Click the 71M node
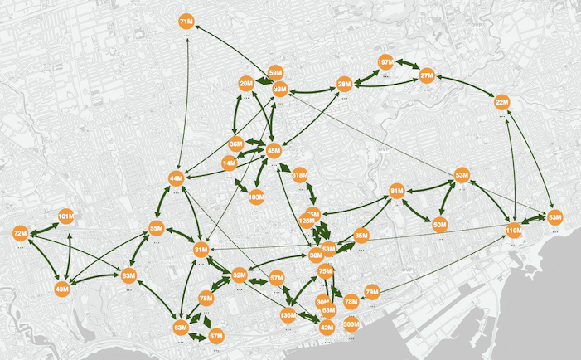pyautogui.click(x=186, y=20)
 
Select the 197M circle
pyautogui.click(x=385, y=62)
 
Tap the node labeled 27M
pyautogui.click(x=427, y=75)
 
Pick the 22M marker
pyautogui.click(x=501, y=103)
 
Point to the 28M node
pyautogui.click(x=345, y=84)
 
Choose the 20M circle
pyautogui.click(x=246, y=84)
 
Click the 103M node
pyautogui.click(x=256, y=197)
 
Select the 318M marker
pyautogui.click(x=300, y=175)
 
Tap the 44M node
pyautogui.click(x=176, y=178)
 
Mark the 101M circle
pyautogui.click(x=66, y=216)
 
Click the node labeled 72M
pyautogui.click(x=21, y=235)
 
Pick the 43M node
pyautogui.click(x=62, y=289)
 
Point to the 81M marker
pyautogui.click(x=396, y=192)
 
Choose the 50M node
pyautogui.click(x=440, y=224)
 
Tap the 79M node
pyautogui.click(x=372, y=292)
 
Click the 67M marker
pyautogui.click(x=216, y=336)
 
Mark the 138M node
pyautogui.click(x=288, y=315)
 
